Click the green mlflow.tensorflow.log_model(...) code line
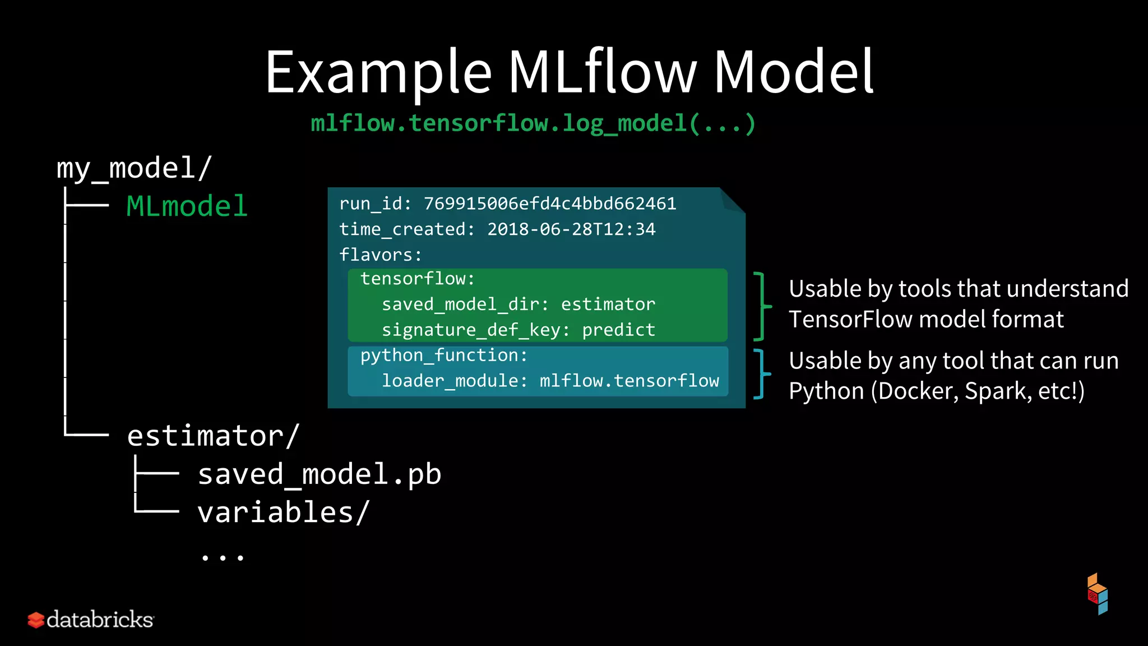click(x=533, y=123)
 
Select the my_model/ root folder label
click(x=134, y=168)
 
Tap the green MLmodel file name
click(x=187, y=206)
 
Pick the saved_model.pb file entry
click(x=320, y=474)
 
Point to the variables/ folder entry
click(x=283, y=513)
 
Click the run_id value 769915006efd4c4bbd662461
click(x=550, y=204)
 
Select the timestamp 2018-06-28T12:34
click(x=571, y=229)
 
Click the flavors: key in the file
click(x=381, y=255)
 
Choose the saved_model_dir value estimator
click(x=608, y=304)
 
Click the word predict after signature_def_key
click(x=618, y=330)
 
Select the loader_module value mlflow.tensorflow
click(x=629, y=381)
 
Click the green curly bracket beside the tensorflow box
click(x=762, y=306)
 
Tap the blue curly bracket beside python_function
click(x=761, y=373)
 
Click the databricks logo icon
click(x=36, y=620)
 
